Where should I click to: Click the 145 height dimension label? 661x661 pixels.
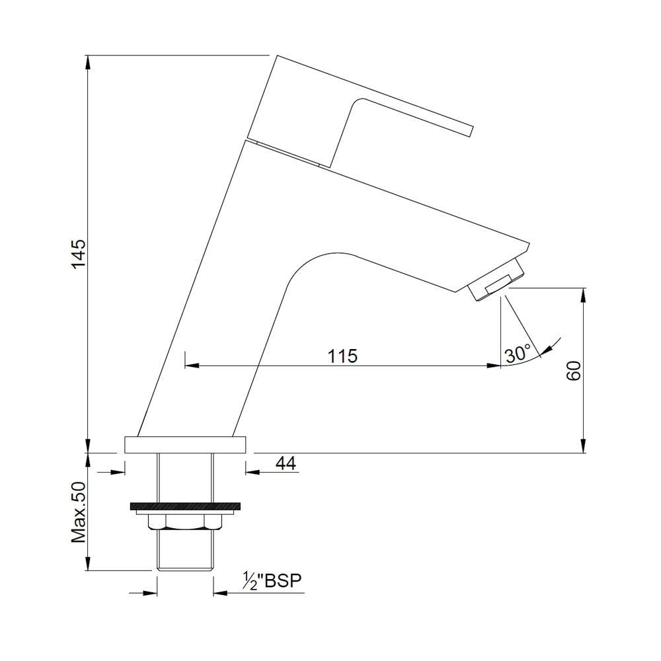pos(79,254)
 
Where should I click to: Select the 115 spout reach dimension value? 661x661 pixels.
pos(342,356)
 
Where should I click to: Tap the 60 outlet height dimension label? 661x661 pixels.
pos(573,370)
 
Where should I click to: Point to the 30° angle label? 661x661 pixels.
pos(518,354)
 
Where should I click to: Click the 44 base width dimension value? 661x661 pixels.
pos(285,463)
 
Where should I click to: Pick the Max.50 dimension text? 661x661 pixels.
pos(79,512)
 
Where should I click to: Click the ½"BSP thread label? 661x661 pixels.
pos(272,581)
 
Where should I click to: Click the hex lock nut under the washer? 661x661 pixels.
pos(184,522)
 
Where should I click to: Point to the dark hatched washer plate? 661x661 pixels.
pos(184,507)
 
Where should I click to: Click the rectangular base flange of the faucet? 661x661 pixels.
pos(185,444)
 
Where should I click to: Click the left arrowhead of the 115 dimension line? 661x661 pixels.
pos(190,365)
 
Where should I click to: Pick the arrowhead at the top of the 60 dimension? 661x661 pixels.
pos(583,293)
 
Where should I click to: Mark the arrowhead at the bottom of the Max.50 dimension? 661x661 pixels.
pos(89,564)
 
